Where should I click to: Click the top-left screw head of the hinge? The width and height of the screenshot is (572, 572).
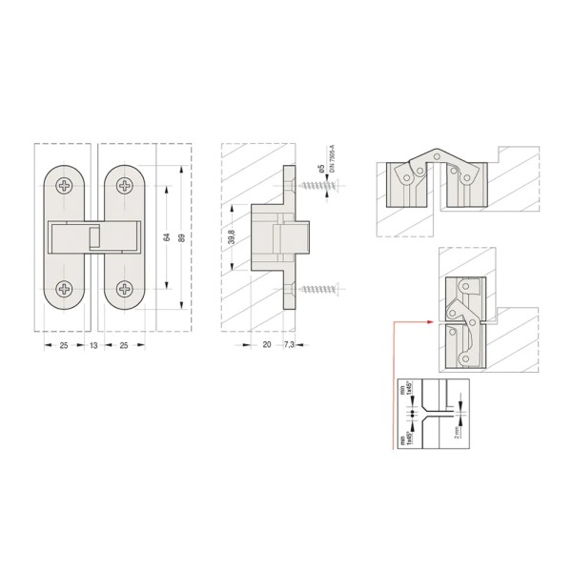(x=65, y=185)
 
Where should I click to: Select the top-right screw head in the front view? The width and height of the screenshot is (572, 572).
(x=123, y=185)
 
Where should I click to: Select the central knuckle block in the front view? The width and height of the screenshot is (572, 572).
(x=93, y=236)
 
